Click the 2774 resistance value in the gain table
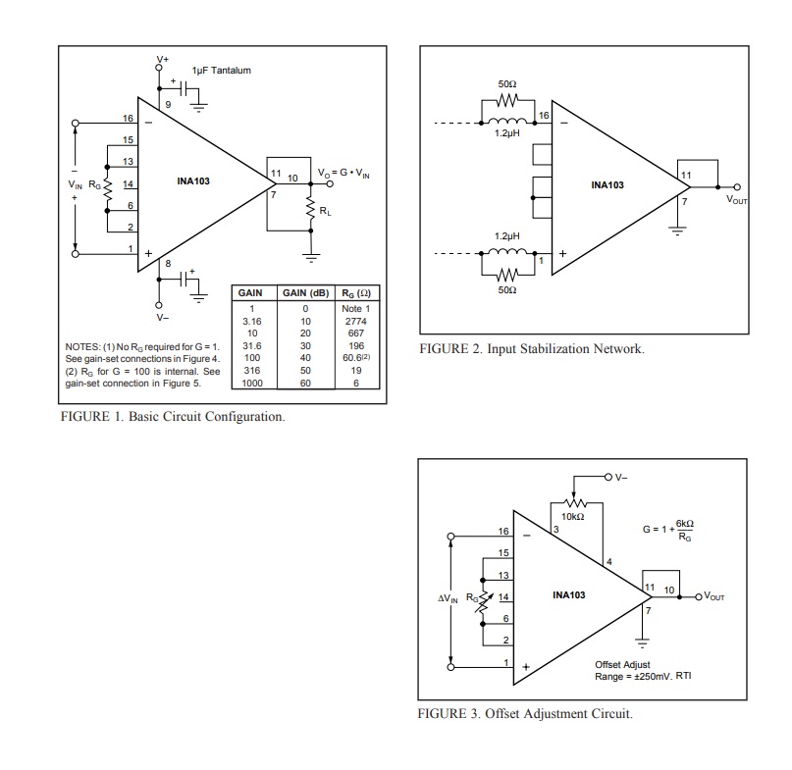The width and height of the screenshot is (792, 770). click(x=355, y=321)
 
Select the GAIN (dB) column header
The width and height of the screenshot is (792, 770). click(x=305, y=293)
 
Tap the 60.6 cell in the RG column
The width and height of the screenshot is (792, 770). click(x=356, y=357)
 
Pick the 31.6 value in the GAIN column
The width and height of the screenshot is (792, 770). click(x=252, y=346)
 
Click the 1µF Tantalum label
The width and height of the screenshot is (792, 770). click(x=221, y=71)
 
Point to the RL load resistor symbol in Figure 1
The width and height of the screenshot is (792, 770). click(x=311, y=208)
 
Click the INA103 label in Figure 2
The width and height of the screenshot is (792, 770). click(x=607, y=185)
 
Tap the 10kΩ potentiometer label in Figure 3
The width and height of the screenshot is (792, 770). click(x=573, y=517)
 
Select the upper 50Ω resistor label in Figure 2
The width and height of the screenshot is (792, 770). click(x=507, y=83)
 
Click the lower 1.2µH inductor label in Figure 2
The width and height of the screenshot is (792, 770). click(x=506, y=235)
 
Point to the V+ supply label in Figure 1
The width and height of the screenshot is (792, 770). click(x=162, y=59)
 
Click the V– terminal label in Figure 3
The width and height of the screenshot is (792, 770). click(x=621, y=477)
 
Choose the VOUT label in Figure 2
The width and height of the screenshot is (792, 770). click(x=736, y=200)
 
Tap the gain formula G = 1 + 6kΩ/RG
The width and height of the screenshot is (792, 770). click(x=667, y=530)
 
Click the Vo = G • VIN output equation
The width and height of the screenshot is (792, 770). click(x=343, y=174)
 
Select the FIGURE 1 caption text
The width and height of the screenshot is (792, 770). click(x=173, y=417)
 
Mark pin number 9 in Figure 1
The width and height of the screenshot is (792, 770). click(x=168, y=105)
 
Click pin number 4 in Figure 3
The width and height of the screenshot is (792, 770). click(x=609, y=561)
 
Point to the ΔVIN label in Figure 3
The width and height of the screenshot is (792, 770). click(x=448, y=598)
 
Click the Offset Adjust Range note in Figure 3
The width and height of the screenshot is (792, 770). click(x=643, y=671)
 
